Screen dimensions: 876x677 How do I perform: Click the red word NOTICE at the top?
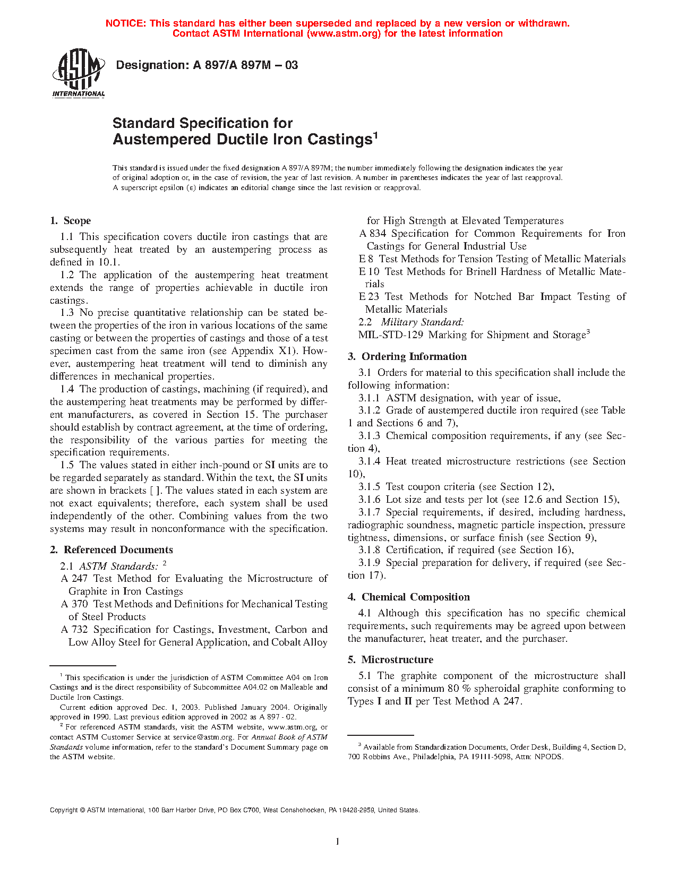(x=125, y=23)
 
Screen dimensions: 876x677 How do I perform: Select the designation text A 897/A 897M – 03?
(x=245, y=65)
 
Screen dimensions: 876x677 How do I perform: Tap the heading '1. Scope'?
(x=70, y=221)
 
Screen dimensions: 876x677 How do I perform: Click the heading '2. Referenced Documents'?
(x=112, y=550)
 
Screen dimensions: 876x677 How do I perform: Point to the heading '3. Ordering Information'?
(x=407, y=357)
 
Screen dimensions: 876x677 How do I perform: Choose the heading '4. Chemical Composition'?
(x=408, y=597)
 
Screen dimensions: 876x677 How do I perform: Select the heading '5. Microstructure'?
(x=390, y=660)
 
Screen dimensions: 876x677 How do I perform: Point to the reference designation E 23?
(x=369, y=297)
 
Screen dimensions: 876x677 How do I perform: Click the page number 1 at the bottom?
(x=338, y=841)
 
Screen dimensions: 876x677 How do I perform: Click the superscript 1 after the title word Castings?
(x=375, y=135)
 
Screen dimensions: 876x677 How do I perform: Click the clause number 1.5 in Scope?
(x=67, y=465)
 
